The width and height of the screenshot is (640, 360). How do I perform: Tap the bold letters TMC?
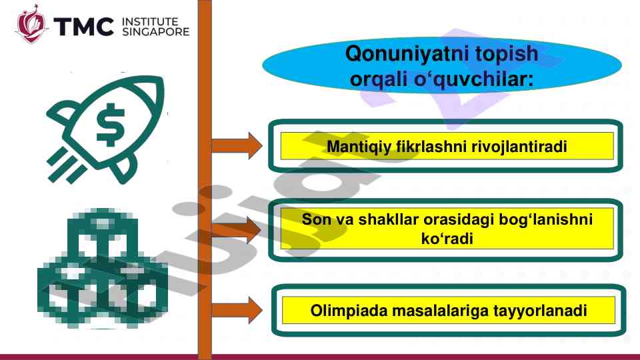[x=83, y=27]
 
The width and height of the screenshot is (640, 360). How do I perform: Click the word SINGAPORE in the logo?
[x=155, y=32]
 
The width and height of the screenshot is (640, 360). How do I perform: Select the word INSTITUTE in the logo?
[x=150, y=21]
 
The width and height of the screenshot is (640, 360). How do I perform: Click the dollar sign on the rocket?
[x=110, y=125]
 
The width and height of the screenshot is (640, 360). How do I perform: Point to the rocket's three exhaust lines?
[x=66, y=166]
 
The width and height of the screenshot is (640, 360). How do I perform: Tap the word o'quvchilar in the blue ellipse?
[x=473, y=79]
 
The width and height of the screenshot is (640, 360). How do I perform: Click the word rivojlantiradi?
[x=519, y=146]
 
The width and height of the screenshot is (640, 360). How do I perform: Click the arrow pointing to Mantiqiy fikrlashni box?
[x=237, y=146]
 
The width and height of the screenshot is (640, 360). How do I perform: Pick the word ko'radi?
[x=447, y=239]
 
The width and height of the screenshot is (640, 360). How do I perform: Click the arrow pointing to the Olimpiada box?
[x=237, y=310]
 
